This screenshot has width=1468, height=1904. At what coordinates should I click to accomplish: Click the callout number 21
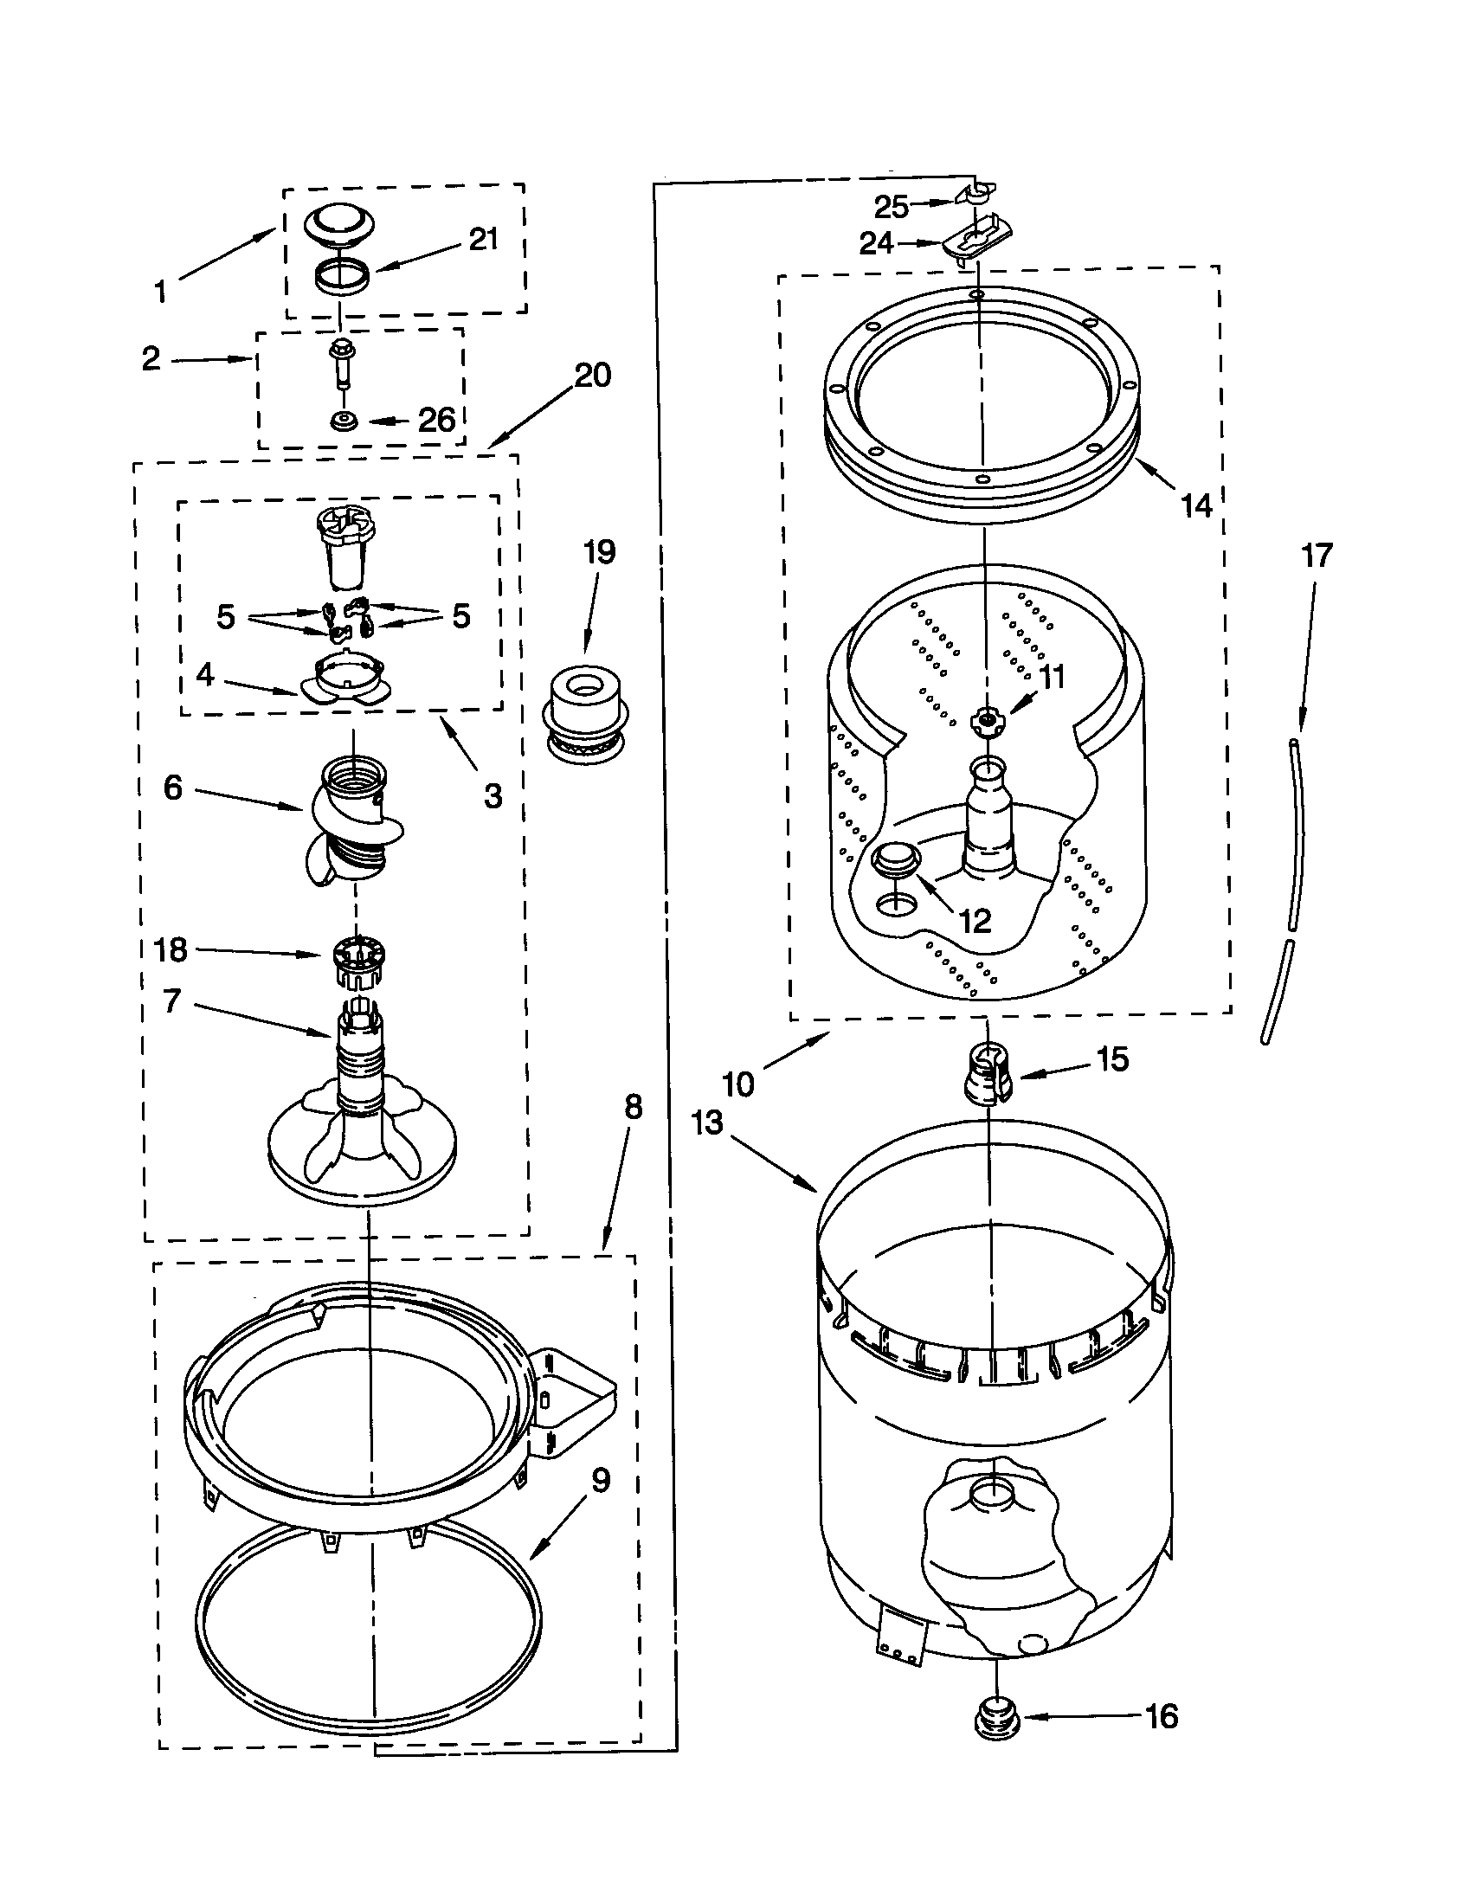(483, 239)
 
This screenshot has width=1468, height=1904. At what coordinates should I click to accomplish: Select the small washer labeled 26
(342, 421)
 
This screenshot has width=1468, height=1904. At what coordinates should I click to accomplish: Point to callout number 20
(592, 376)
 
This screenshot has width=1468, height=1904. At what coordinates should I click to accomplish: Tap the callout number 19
(599, 552)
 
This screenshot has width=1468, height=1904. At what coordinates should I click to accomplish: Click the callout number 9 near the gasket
(601, 1480)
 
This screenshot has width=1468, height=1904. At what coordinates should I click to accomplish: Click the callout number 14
(1195, 505)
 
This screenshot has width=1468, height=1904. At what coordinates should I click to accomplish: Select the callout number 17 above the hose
(1317, 556)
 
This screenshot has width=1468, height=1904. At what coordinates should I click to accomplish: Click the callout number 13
(707, 1123)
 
